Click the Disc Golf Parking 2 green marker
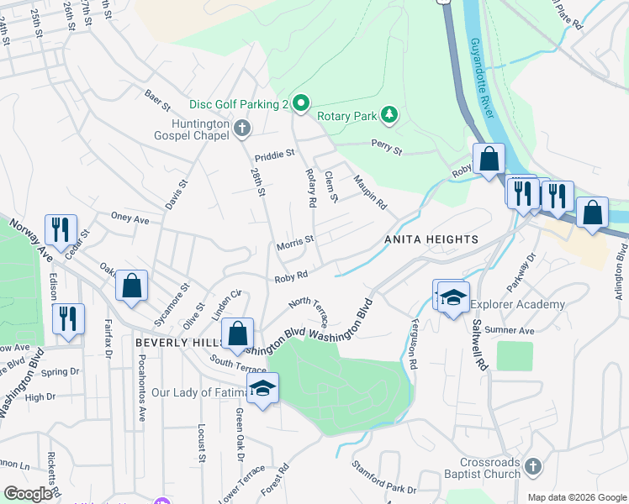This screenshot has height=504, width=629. click(x=301, y=103)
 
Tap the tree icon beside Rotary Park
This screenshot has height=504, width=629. click(x=388, y=115)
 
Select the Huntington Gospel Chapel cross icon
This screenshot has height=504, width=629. click(x=242, y=129)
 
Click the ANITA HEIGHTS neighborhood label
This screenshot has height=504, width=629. click(x=431, y=240)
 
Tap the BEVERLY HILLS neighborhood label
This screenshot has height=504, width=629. click(x=177, y=344)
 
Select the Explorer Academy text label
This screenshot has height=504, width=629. click(x=517, y=304)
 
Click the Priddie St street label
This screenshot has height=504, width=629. click(x=275, y=154)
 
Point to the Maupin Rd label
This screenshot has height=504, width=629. click(x=369, y=192)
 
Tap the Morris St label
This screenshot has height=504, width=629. click(x=295, y=244)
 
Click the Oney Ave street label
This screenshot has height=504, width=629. click(x=130, y=218)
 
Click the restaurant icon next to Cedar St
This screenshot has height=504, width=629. click(x=60, y=228)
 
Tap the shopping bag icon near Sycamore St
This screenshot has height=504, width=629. click(x=132, y=285)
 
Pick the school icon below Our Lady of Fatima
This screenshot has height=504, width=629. click(x=262, y=387)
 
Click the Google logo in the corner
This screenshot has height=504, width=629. click(x=27, y=495)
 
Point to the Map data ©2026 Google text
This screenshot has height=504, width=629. click(x=576, y=497)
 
